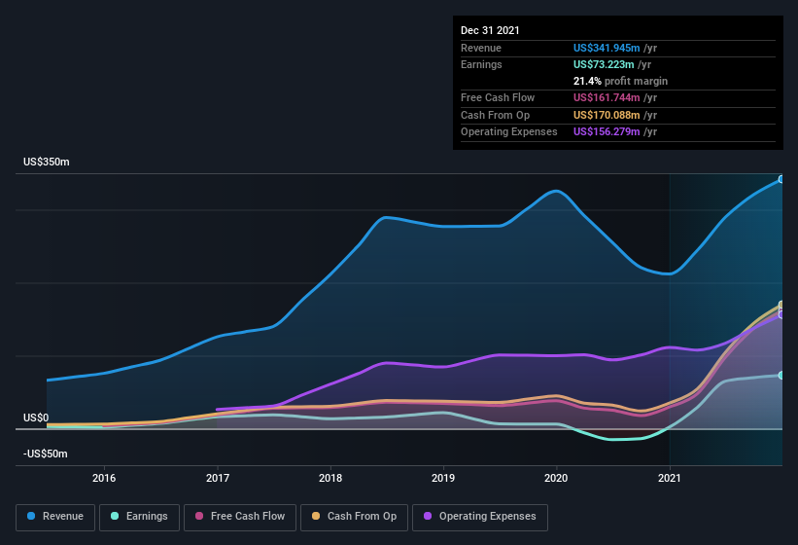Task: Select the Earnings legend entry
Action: click(139, 516)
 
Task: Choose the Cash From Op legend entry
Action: click(354, 516)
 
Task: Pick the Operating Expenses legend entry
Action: click(480, 516)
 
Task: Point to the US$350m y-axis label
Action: click(47, 162)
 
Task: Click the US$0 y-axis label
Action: click(36, 418)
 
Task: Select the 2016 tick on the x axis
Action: click(104, 478)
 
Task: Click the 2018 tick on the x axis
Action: click(330, 478)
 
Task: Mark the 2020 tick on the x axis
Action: click(556, 478)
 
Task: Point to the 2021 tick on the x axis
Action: click(669, 478)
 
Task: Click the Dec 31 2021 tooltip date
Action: click(490, 30)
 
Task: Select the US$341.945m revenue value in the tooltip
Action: click(607, 48)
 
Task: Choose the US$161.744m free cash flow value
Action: click(607, 97)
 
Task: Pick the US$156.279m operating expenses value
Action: click(607, 131)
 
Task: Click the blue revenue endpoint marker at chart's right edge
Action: click(781, 180)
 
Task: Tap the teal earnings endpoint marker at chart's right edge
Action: click(781, 375)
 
